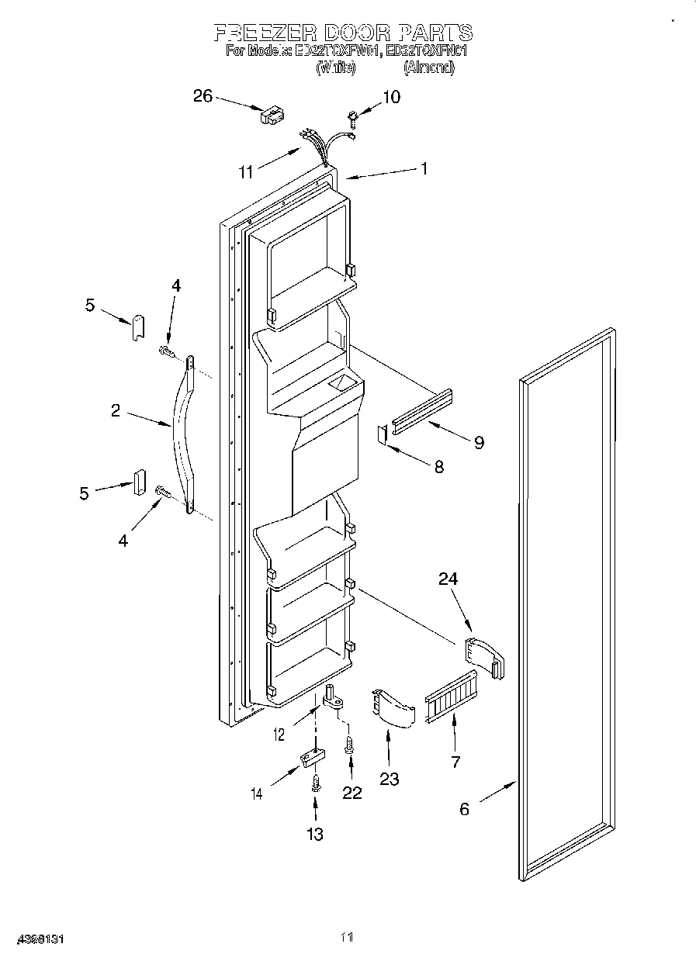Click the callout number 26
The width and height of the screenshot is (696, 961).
coord(203,95)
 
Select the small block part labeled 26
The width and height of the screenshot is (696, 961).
coord(271,116)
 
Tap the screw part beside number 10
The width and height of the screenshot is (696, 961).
coord(353,118)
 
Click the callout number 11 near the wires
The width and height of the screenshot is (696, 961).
coord(246,172)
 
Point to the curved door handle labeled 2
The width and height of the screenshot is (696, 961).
coord(185,434)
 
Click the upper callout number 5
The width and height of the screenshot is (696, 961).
coord(90,306)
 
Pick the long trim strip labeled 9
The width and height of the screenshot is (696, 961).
coord(423,410)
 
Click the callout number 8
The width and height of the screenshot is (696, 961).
coord(438,467)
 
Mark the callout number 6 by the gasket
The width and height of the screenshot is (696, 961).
coord(464,809)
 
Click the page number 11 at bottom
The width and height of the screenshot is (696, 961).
coord(347,939)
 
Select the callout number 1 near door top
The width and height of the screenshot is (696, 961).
coord(424,168)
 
